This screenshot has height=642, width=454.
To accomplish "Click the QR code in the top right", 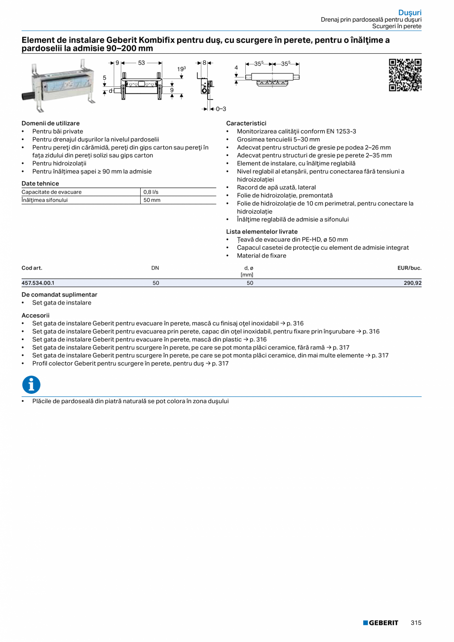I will [405, 75].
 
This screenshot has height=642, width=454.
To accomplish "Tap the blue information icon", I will [31, 384].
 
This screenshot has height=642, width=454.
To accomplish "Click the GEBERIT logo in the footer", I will [380, 623].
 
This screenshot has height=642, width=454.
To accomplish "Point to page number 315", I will [416, 623].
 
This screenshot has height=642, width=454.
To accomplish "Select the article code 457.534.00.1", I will [38, 283].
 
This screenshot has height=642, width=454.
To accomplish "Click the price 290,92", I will [412, 283].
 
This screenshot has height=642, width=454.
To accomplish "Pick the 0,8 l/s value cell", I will [151, 192].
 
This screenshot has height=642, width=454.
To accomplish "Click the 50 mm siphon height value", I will [152, 200].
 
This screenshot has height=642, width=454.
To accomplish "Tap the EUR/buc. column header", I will [409, 268].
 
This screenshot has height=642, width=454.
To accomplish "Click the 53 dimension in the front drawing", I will [141, 63].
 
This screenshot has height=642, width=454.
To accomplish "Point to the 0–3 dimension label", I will [220, 109].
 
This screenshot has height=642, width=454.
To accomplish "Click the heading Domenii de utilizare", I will [50, 123].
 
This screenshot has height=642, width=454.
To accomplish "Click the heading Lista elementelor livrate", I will [262, 231].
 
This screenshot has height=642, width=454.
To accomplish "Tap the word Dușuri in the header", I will [410, 12].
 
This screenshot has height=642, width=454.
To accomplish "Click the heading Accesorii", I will [36, 315].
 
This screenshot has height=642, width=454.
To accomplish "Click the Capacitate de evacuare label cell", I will [52, 192].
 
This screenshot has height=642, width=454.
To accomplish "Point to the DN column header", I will [155, 268].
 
